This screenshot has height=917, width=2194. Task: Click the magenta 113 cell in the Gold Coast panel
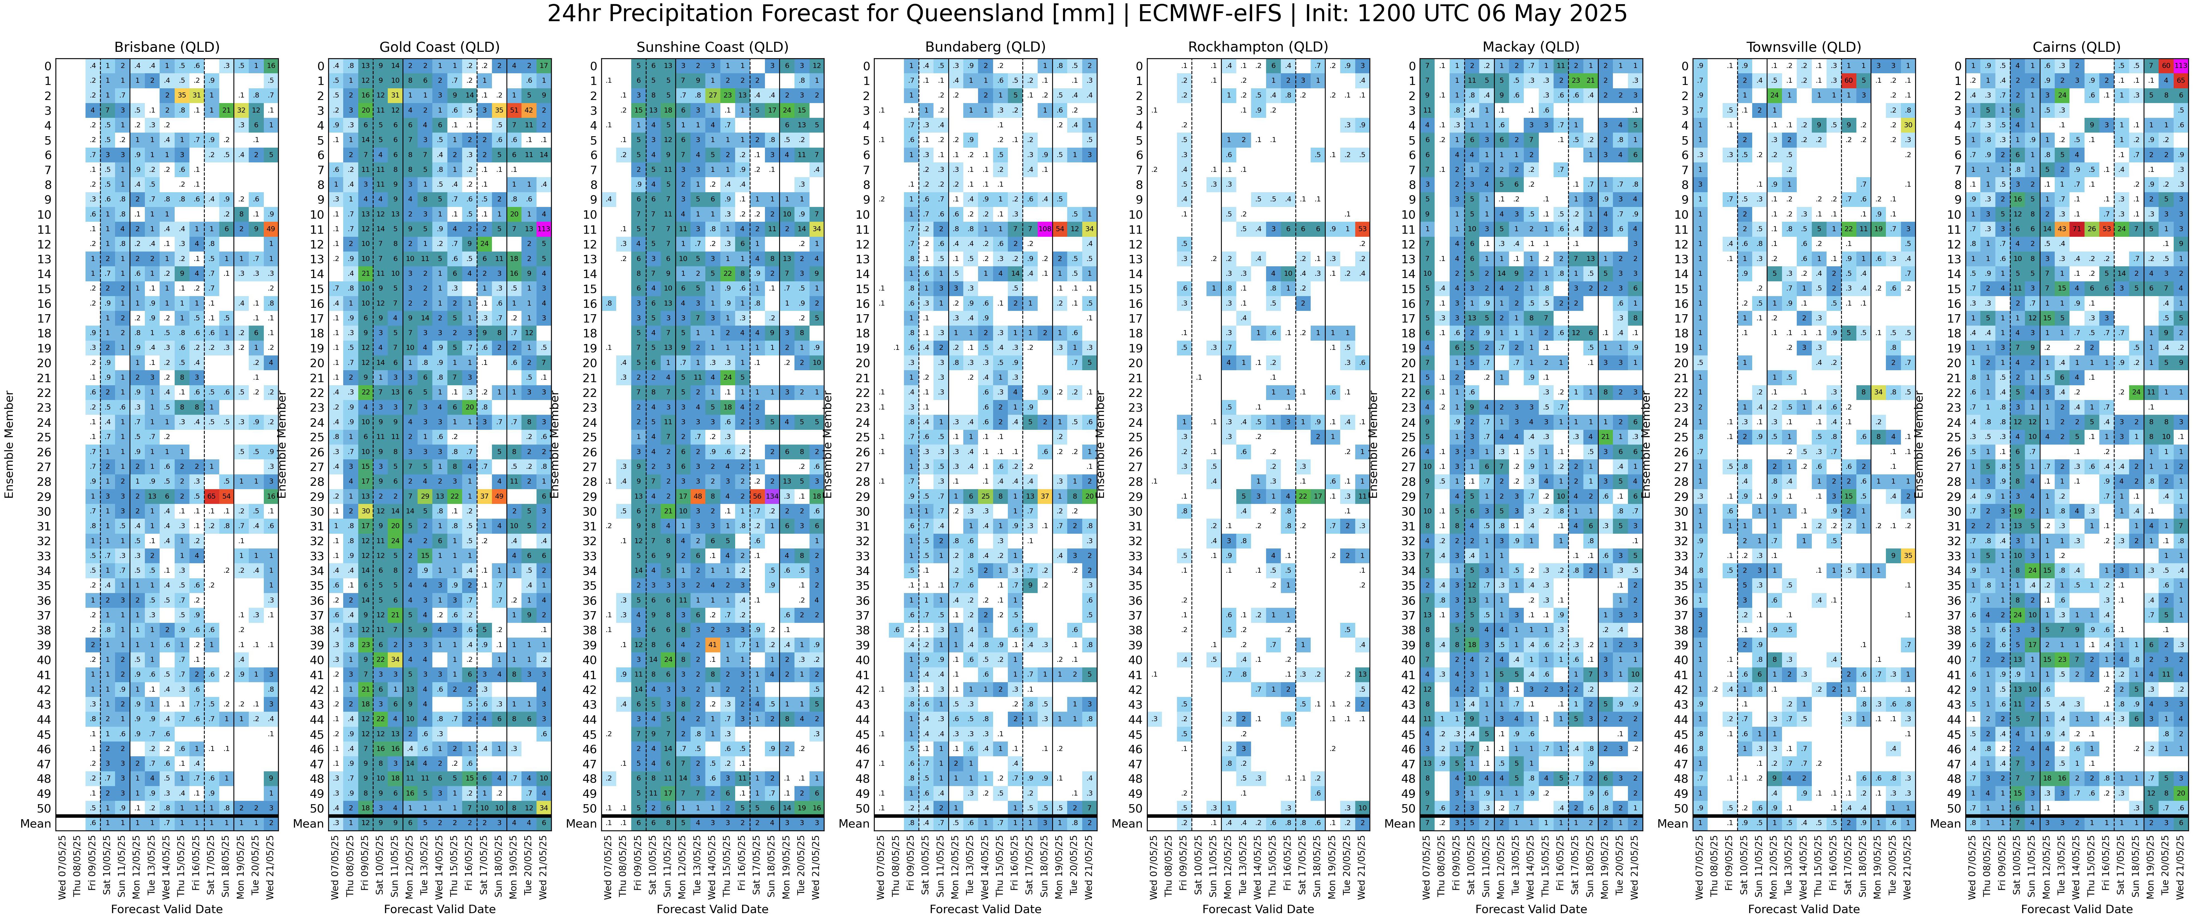[x=543, y=229]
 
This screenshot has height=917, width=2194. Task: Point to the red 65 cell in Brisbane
[x=211, y=496]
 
